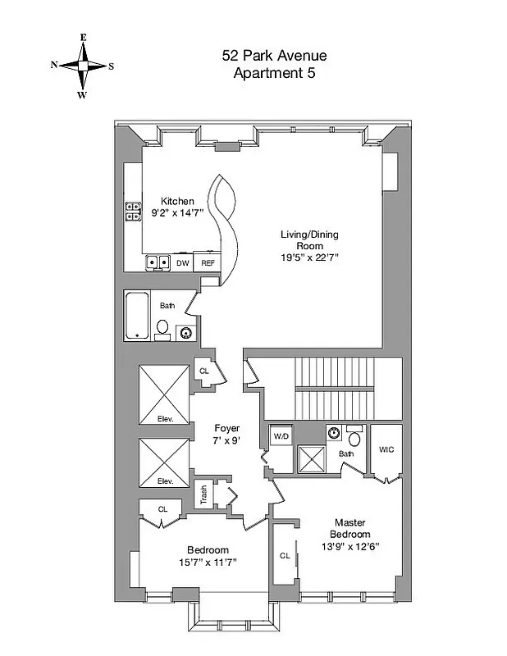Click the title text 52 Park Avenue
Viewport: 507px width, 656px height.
click(274, 56)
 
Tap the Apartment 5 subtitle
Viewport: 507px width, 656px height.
click(274, 72)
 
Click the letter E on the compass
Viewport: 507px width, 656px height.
click(83, 38)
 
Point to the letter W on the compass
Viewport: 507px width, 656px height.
click(83, 94)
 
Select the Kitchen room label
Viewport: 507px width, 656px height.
click(177, 202)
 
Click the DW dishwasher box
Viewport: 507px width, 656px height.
click(183, 263)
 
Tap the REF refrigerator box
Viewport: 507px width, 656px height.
click(208, 263)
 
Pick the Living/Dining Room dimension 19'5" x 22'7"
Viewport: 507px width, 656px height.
click(309, 257)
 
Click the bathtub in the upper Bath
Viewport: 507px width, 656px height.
click(137, 314)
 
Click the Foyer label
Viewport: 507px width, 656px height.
click(226, 428)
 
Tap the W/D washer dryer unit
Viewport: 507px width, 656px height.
click(281, 435)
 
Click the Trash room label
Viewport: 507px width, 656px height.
click(200, 494)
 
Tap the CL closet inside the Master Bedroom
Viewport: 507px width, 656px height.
click(285, 556)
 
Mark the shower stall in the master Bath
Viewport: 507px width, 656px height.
click(311, 458)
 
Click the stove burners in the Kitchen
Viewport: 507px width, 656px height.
click(132, 212)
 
